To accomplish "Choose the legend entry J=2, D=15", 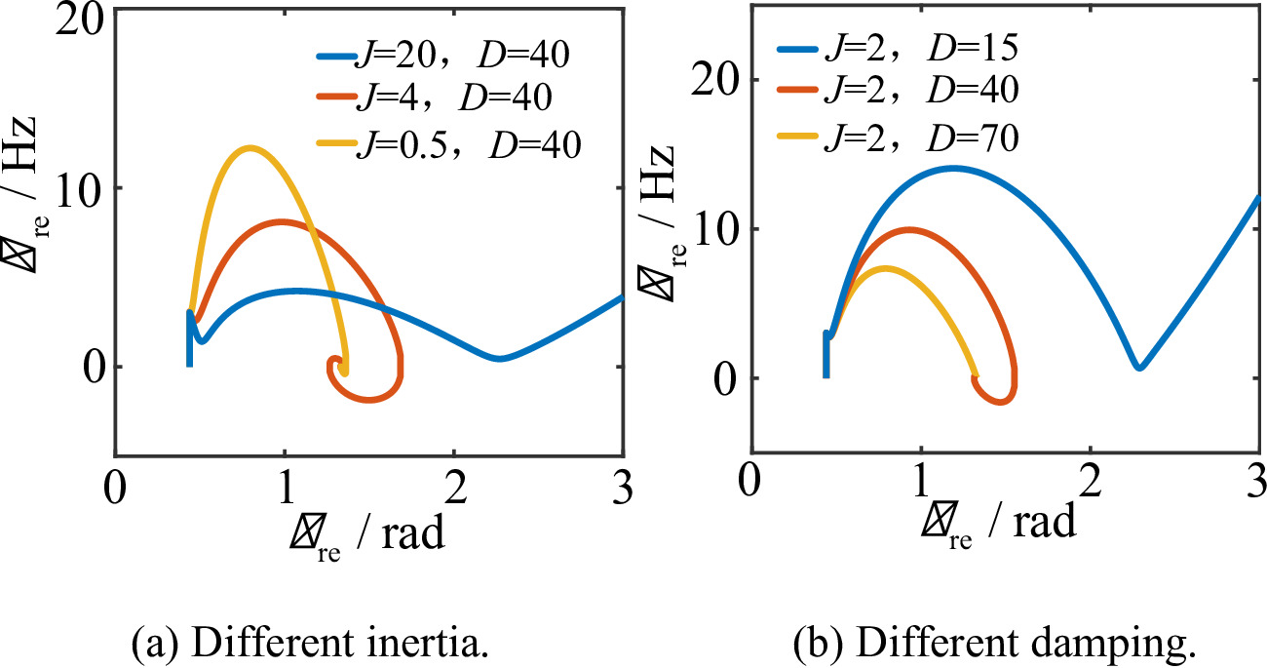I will click(897, 47).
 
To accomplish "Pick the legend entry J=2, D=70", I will click(897, 138).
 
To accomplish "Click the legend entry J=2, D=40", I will click(897, 92).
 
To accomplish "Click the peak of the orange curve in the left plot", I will click(282, 222).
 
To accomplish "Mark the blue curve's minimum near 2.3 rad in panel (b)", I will click(1138, 368).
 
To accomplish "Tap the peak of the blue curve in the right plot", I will click(952, 168).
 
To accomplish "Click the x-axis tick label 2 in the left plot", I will click(452, 486).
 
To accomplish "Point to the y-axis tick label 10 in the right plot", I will click(712, 229).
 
